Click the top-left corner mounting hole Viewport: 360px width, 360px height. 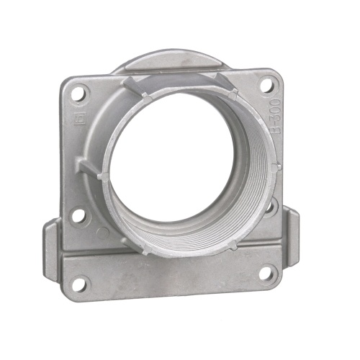79,93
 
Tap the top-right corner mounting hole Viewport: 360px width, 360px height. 265,86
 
